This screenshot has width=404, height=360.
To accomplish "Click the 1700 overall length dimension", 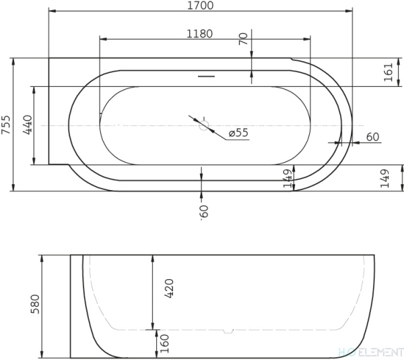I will click(200, 6).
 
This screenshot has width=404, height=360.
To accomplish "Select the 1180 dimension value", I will click(200, 33).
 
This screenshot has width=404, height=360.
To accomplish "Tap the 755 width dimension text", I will click(7, 125).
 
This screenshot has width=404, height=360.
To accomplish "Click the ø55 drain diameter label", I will click(238, 133).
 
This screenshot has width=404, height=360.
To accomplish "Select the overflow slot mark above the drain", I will click(207, 76).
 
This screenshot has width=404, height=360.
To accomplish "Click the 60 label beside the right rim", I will click(372, 137).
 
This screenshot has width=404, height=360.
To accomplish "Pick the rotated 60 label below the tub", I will click(202, 212).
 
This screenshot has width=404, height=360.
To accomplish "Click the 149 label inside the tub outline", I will click(286, 179).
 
